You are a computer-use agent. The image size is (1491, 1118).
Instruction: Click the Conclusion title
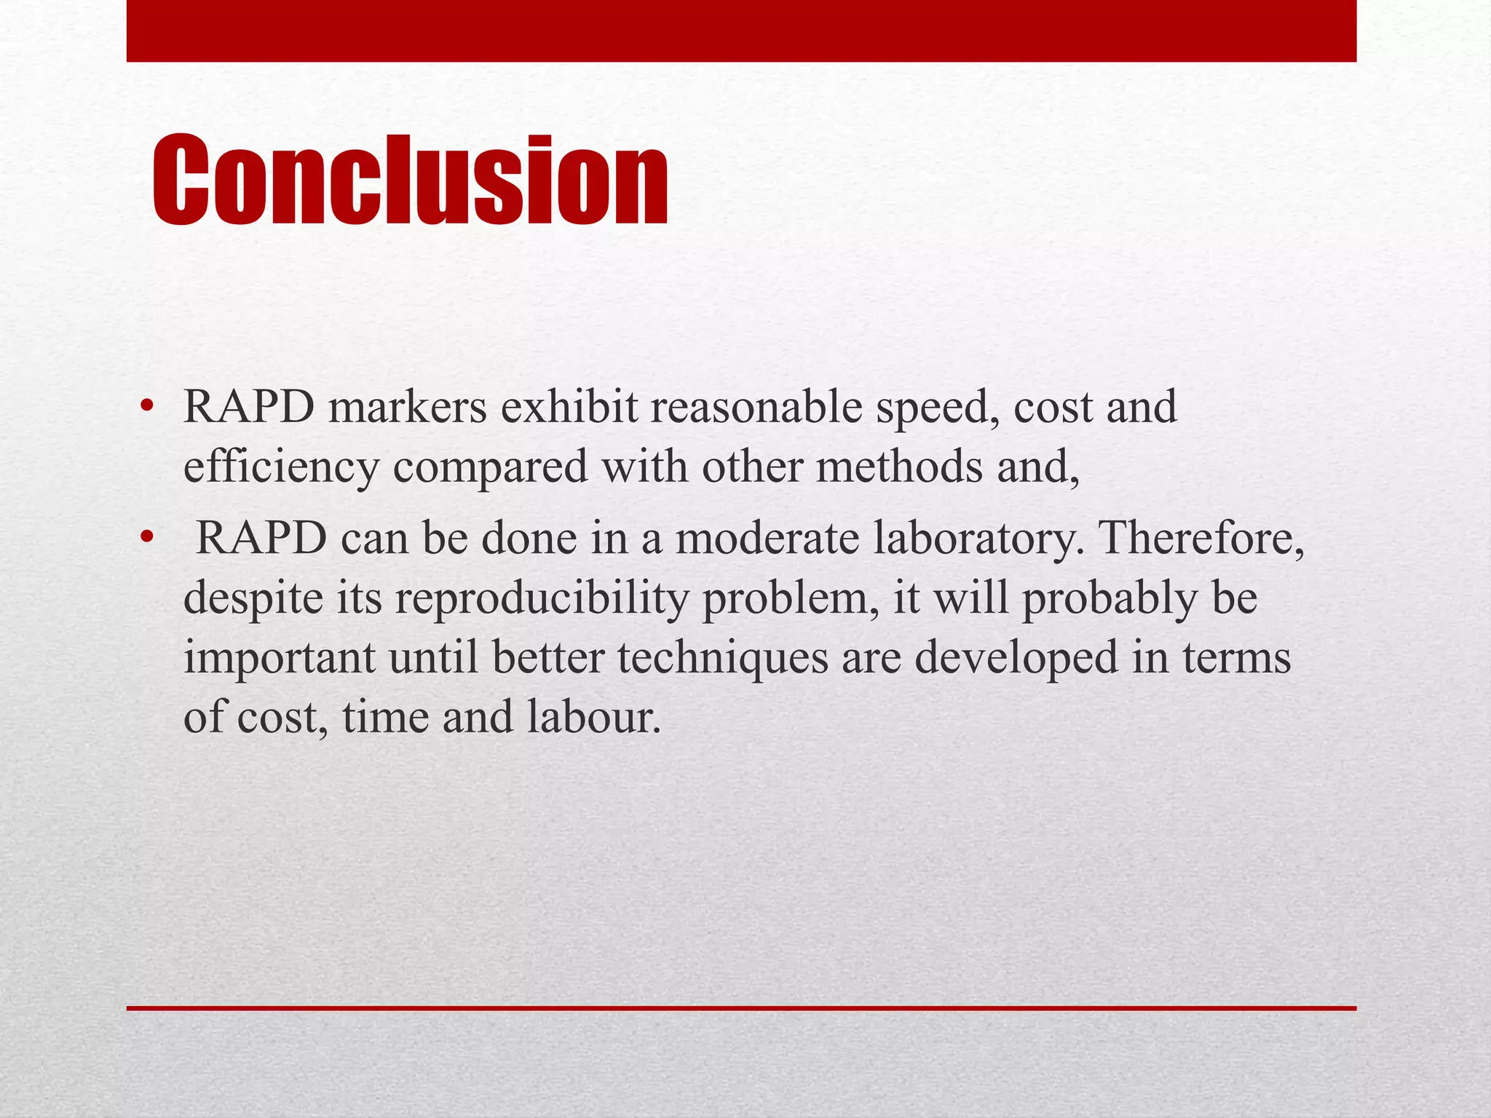coord(409,181)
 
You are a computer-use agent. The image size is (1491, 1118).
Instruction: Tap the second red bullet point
coord(147,539)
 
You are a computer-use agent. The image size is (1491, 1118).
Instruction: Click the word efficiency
coord(281,467)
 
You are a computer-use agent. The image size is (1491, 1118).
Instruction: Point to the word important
coord(279,658)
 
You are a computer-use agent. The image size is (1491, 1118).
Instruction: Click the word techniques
coord(723,658)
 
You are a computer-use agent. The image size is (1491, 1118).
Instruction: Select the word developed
coord(1016,659)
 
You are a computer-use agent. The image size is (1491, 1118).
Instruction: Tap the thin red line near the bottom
coord(741,1008)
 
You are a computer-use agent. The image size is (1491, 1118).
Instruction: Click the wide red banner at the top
coord(741,31)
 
